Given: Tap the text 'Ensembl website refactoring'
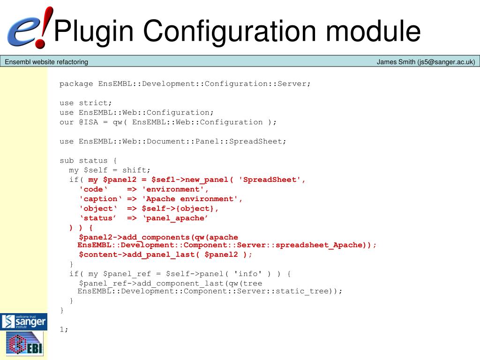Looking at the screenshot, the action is tap(46, 62).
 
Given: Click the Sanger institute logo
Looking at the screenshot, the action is tap(23, 322).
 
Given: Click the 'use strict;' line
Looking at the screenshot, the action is tap(86, 103).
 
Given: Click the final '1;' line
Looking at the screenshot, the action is tap(64, 329).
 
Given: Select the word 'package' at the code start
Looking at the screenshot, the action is tap(76, 83).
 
